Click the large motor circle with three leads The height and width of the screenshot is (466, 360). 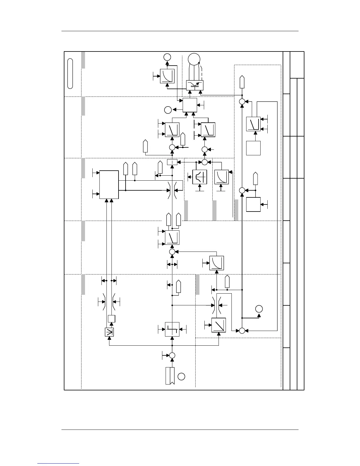(x=194, y=60)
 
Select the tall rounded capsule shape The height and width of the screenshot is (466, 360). (x=70, y=74)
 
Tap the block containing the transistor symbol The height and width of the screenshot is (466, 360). (x=195, y=85)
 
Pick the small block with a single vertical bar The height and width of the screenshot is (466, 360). (x=172, y=162)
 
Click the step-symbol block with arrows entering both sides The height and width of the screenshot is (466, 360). (x=172, y=329)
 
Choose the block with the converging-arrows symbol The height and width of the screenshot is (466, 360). (x=109, y=332)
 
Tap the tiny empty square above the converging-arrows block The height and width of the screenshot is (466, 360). (x=111, y=319)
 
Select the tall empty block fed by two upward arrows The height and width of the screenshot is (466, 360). (x=109, y=184)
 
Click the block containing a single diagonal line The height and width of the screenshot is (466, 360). (x=219, y=325)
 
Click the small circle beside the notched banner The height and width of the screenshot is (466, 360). (x=181, y=376)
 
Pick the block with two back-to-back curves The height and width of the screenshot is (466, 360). (x=200, y=177)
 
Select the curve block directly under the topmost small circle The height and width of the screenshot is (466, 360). (x=167, y=76)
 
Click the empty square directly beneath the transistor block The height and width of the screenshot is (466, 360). (x=190, y=105)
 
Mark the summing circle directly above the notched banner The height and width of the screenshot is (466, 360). (x=172, y=355)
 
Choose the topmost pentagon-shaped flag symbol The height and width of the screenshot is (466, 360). (x=242, y=82)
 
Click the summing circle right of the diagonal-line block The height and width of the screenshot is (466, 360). (x=242, y=331)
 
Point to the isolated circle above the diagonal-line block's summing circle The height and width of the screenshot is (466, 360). (x=259, y=309)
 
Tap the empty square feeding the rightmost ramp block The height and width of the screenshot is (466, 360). (x=253, y=148)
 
